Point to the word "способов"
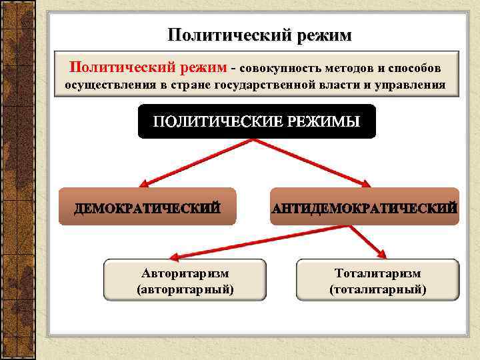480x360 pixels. click(413, 69)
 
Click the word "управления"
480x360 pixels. click(414, 85)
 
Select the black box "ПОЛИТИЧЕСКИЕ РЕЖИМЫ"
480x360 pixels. click(257, 122)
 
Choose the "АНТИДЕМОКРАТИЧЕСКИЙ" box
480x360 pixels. click(365, 207)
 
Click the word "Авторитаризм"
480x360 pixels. click(185, 273)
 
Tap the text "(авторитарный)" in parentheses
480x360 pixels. click(185, 289)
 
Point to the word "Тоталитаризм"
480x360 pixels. click(378, 273)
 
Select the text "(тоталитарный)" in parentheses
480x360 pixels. click(378, 289)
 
